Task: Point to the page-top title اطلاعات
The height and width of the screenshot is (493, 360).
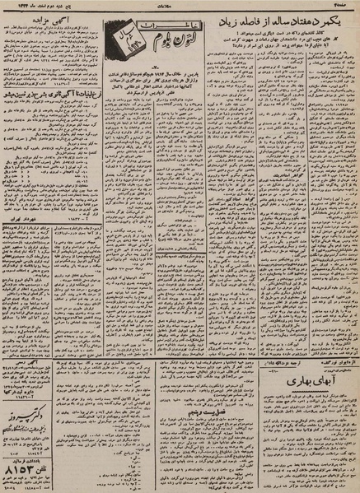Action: point(182,6)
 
